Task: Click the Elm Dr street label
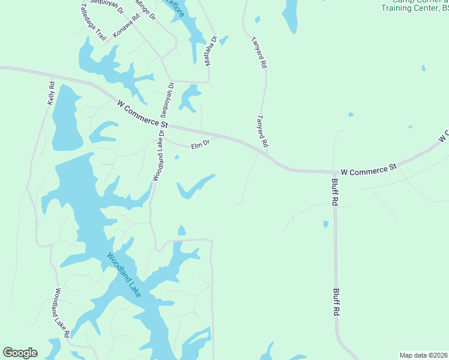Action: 200,145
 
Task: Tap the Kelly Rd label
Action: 52,94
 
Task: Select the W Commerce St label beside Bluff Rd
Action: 369,170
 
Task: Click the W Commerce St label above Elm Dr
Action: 142,113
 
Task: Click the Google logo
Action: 20,353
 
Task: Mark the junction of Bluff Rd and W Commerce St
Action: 334,172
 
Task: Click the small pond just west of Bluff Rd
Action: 325,224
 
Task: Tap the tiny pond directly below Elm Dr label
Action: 176,157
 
